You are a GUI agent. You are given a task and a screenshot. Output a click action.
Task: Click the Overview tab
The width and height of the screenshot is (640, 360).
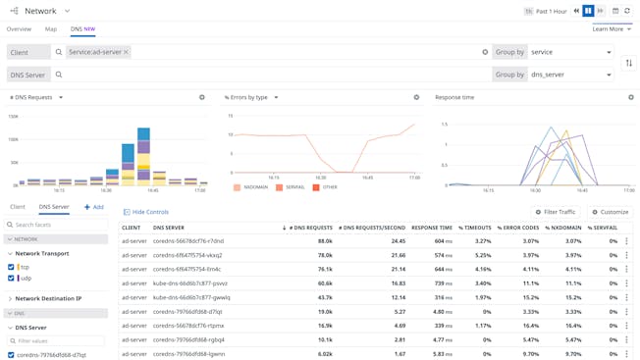point(19,29)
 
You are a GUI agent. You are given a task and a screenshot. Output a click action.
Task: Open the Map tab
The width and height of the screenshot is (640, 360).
point(51,29)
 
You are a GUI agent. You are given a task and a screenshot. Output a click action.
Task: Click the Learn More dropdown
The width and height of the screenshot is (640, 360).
point(612,29)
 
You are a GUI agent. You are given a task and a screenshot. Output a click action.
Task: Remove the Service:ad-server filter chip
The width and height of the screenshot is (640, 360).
point(126,52)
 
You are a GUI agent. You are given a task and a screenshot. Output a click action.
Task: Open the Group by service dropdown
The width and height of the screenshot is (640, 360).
point(570,52)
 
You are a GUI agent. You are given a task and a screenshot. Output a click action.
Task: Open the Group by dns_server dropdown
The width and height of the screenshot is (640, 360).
point(570,75)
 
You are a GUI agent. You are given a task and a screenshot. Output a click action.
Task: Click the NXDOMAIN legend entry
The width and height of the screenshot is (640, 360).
point(252,187)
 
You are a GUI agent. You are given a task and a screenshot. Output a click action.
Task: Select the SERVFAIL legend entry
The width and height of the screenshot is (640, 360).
point(291,187)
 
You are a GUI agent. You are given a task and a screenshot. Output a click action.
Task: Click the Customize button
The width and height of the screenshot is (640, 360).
point(610,212)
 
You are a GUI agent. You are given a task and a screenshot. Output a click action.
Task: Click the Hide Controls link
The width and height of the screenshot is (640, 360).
point(146,212)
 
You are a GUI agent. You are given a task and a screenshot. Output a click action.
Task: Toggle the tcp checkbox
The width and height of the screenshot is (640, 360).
point(11,267)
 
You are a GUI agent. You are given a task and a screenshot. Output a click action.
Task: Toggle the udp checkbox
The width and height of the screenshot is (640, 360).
point(11,279)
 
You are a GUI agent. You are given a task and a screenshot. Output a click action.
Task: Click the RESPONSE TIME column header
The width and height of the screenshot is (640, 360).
point(432,228)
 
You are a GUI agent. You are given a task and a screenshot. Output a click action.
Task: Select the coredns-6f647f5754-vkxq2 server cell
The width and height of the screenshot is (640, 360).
point(187,255)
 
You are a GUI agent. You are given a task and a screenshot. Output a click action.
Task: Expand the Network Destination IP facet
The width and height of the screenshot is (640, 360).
point(49,299)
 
